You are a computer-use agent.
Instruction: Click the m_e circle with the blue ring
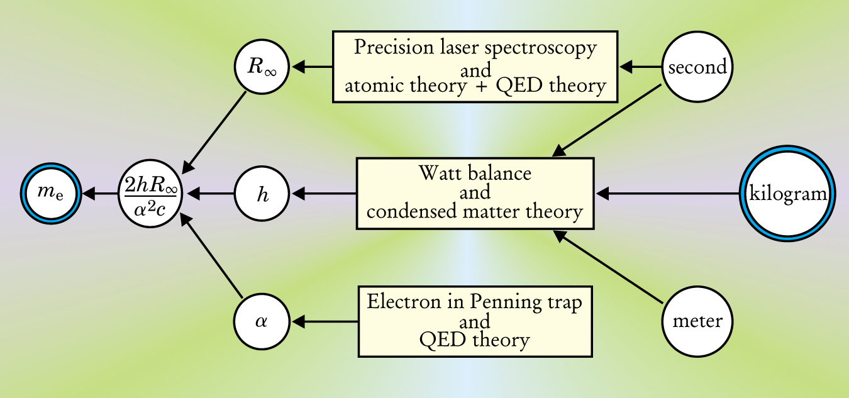point(50,194)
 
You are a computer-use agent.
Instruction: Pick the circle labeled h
point(262,194)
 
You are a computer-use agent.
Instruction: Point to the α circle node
point(262,321)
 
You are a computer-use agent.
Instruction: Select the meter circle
point(697,321)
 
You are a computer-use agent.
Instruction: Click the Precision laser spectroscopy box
point(475,67)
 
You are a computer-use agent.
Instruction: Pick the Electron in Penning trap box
point(475,321)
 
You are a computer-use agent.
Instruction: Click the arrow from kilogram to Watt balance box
point(667,194)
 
